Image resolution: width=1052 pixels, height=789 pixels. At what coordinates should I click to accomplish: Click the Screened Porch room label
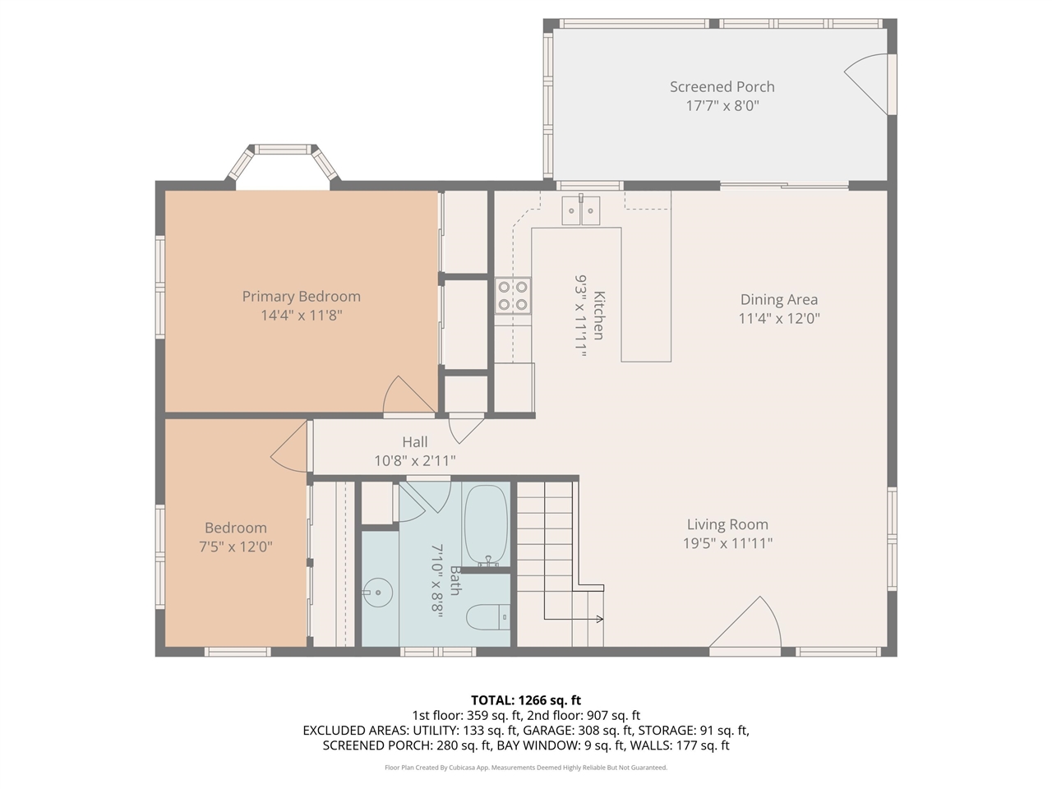pyautogui.click(x=722, y=87)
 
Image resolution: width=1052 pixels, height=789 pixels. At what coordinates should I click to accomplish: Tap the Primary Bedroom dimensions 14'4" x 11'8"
pyautogui.click(x=302, y=316)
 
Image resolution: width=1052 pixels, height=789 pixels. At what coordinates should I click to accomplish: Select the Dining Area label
pyautogui.click(x=779, y=299)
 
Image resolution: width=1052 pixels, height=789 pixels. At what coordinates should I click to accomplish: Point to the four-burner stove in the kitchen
pyautogui.click(x=513, y=296)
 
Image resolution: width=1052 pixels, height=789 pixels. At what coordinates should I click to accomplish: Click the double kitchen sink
pyautogui.click(x=581, y=210)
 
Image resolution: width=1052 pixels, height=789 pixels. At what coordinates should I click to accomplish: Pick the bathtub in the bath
pyautogui.click(x=486, y=525)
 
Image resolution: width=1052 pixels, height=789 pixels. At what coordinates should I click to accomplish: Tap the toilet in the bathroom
pyautogui.click(x=488, y=617)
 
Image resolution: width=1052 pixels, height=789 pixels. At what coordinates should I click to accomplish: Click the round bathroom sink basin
pyautogui.click(x=378, y=593)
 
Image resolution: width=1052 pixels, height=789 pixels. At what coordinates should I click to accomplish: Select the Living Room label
pyautogui.click(x=727, y=524)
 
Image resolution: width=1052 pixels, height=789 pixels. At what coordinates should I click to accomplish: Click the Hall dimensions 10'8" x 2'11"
pyautogui.click(x=414, y=461)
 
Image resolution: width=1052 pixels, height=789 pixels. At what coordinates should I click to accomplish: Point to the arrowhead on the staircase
pyautogui.click(x=600, y=620)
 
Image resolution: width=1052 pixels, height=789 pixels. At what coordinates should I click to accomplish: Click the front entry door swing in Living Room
pyautogui.click(x=745, y=623)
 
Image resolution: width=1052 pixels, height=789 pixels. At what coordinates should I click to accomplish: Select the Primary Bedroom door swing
pyautogui.click(x=408, y=394)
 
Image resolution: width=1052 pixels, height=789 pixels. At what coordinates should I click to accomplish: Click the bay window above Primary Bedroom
pyautogui.click(x=283, y=162)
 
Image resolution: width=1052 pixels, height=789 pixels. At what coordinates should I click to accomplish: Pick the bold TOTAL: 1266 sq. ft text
pyautogui.click(x=526, y=700)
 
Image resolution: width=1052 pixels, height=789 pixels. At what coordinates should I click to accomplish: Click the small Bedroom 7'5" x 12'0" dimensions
pyautogui.click(x=236, y=547)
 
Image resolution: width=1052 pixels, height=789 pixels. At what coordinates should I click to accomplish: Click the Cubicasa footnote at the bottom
pyautogui.click(x=526, y=768)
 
